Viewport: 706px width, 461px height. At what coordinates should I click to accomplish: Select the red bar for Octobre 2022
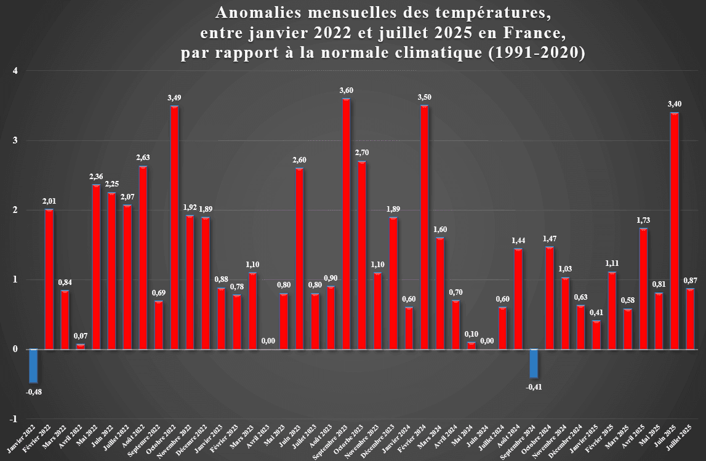click(174, 228)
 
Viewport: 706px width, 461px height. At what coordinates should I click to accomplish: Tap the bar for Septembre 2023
click(346, 224)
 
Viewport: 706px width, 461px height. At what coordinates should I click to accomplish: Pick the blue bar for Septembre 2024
click(534, 363)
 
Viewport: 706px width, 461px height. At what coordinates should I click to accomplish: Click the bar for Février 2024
click(424, 227)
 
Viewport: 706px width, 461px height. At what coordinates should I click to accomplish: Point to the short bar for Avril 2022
click(81, 347)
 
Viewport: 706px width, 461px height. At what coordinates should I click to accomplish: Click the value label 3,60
click(346, 90)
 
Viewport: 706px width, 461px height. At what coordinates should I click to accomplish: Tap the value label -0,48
click(34, 391)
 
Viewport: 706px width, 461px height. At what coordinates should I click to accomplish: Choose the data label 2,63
click(143, 158)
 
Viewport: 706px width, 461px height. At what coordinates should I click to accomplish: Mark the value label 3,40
click(675, 104)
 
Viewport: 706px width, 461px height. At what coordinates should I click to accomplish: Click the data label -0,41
click(534, 387)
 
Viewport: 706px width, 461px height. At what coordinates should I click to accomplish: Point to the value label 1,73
click(643, 220)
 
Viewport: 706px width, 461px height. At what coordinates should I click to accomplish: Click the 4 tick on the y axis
click(15, 71)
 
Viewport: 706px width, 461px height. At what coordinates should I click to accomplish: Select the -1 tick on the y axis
click(14, 419)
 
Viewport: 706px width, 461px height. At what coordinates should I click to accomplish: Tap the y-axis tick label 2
click(15, 210)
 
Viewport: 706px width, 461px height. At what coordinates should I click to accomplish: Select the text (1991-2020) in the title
click(536, 53)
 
